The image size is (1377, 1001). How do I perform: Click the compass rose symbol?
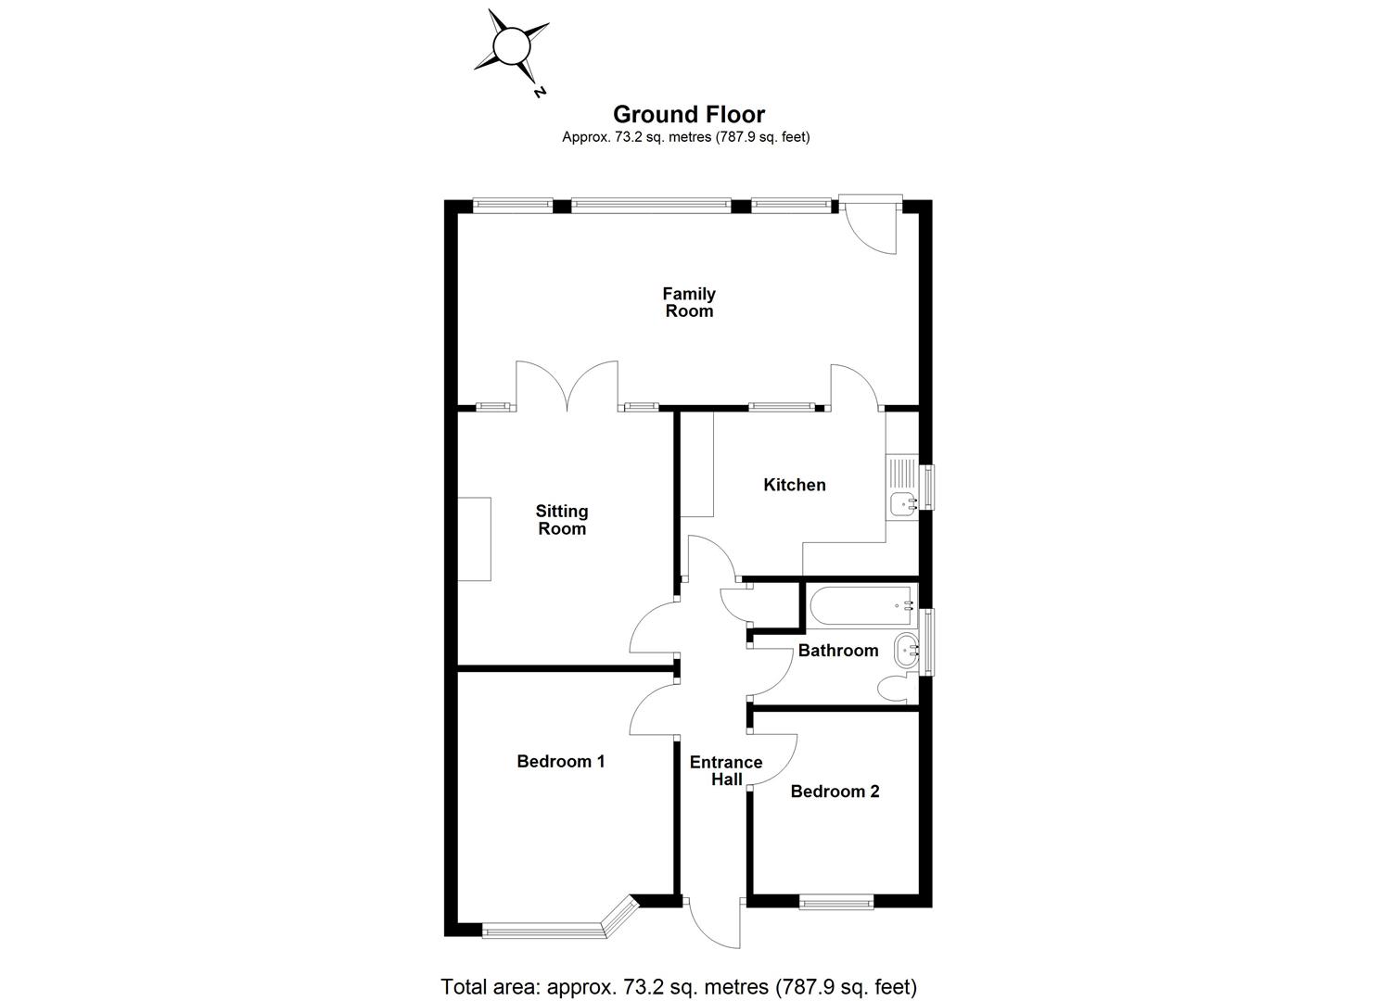[510, 45]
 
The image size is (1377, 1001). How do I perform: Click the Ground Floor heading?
[688, 114]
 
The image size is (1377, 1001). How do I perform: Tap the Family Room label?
[688, 302]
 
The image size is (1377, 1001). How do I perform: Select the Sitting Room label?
[562, 520]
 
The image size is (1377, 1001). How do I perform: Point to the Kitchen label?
[794, 485]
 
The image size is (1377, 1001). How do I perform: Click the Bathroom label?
[837, 651]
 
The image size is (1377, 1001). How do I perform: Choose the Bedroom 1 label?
[561, 761]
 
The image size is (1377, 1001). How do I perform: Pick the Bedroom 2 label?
[835, 791]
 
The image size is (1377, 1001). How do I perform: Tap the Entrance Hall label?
[726, 770]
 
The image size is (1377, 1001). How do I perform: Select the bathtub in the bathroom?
[861, 605]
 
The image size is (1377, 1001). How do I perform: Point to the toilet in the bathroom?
[895, 688]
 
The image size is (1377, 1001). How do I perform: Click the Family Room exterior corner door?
[873, 225]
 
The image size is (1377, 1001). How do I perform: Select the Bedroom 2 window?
[836, 900]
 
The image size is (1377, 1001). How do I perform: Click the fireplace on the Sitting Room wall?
[474, 539]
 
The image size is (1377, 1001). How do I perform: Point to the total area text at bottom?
[679, 985]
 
